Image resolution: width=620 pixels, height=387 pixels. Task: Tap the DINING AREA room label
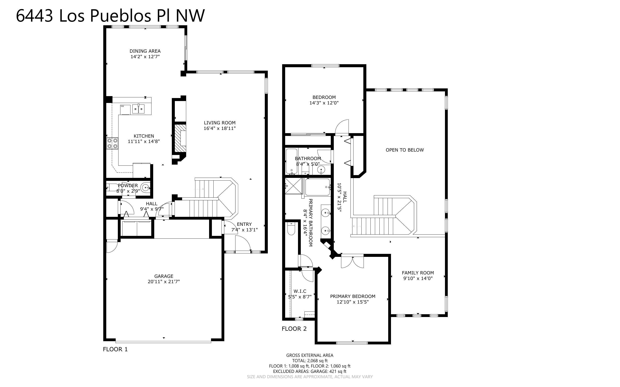[x=145, y=51]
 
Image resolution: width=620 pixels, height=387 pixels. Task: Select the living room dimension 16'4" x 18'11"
[x=219, y=128]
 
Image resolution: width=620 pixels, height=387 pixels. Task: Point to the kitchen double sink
[x=138, y=109]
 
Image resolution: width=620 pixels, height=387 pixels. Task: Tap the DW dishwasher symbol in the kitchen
[x=125, y=110]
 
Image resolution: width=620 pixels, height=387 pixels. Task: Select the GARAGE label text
[x=164, y=276]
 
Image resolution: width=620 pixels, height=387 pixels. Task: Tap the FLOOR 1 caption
[x=115, y=349]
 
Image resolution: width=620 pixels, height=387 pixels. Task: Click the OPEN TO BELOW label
[x=405, y=150]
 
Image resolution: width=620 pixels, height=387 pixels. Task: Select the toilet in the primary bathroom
[x=291, y=229]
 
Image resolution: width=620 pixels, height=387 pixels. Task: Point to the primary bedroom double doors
[x=352, y=262]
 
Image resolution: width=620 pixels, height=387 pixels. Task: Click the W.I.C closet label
[x=300, y=291]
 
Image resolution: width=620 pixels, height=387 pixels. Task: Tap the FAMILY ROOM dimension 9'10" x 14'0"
[x=418, y=278]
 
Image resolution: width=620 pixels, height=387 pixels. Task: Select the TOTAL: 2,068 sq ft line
[x=310, y=361]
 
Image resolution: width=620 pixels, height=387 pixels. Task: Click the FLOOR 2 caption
[x=294, y=329]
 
